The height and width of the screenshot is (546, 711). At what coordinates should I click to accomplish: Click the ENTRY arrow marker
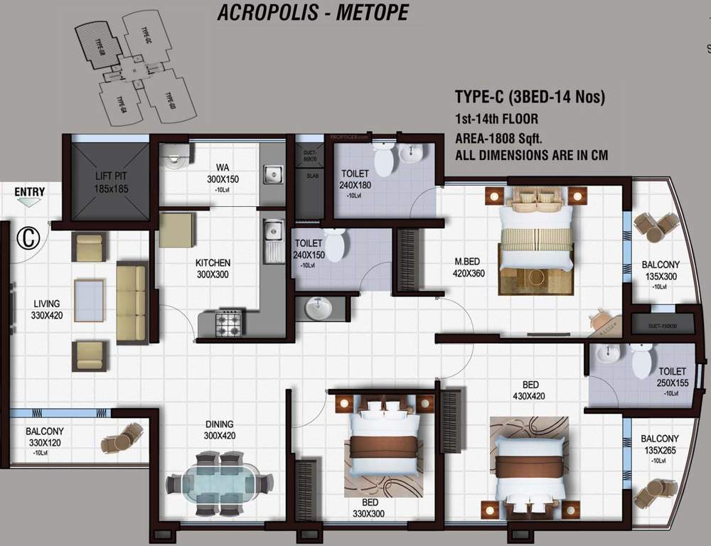pyautogui.click(x=29, y=202)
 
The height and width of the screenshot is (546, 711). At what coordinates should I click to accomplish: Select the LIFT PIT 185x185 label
pyautogui.click(x=109, y=183)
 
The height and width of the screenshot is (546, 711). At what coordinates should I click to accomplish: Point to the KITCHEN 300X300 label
pyautogui.click(x=213, y=268)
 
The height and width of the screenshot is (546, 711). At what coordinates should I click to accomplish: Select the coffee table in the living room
pyautogui.click(x=89, y=300)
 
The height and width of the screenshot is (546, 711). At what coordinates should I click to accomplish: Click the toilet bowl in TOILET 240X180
pyautogui.click(x=383, y=159)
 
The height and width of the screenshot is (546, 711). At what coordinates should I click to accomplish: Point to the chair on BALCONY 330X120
pyautogui.click(x=122, y=438)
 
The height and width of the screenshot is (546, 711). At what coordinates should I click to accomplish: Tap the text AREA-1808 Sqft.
pyautogui.click(x=502, y=137)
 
